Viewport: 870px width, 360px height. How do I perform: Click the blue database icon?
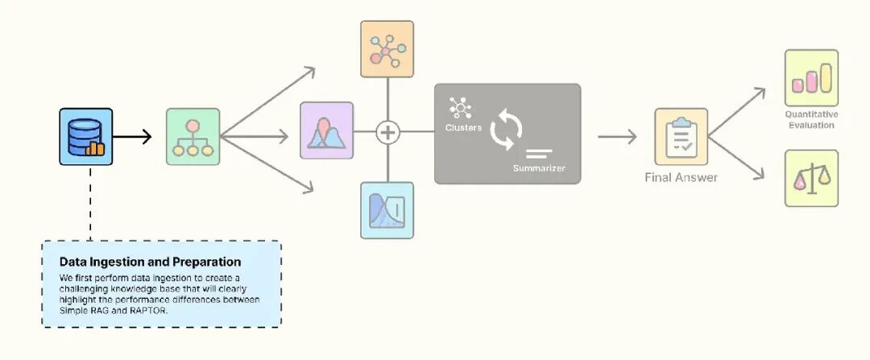pyautogui.click(x=85, y=136)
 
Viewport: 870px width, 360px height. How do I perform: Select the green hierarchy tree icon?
pyautogui.click(x=193, y=136)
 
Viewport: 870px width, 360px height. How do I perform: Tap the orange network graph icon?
pyautogui.click(x=387, y=49)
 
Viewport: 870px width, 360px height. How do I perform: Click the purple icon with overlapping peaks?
pyautogui.click(x=326, y=130)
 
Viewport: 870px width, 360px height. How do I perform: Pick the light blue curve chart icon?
pyautogui.click(x=387, y=210)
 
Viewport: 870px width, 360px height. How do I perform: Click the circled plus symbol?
pyautogui.click(x=388, y=131)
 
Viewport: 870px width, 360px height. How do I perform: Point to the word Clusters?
pyautogui.click(x=463, y=128)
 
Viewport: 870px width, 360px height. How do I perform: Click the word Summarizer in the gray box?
pyautogui.click(x=539, y=168)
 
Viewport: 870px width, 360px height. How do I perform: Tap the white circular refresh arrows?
pyautogui.click(x=507, y=130)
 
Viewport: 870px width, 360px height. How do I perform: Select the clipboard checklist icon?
pyautogui.click(x=681, y=136)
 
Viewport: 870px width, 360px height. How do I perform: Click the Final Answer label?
pyautogui.click(x=681, y=177)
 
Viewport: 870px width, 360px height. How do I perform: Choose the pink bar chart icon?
pyautogui.click(x=811, y=77)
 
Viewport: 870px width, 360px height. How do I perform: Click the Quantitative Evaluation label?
pyautogui.click(x=811, y=120)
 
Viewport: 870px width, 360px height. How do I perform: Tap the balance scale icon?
pyautogui.click(x=811, y=178)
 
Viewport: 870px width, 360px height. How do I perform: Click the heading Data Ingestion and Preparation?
pyautogui.click(x=150, y=262)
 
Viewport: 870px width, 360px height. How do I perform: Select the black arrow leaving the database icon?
pyautogui.click(x=132, y=136)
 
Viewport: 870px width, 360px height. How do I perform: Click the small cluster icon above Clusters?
pyautogui.click(x=461, y=108)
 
